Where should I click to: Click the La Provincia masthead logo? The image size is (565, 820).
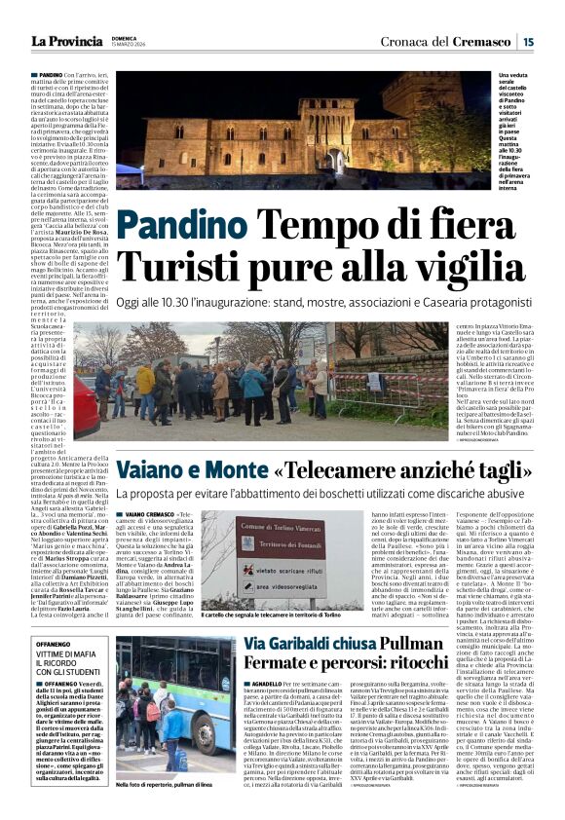[66, 41]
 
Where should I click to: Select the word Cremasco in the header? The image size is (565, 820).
[486, 41]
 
